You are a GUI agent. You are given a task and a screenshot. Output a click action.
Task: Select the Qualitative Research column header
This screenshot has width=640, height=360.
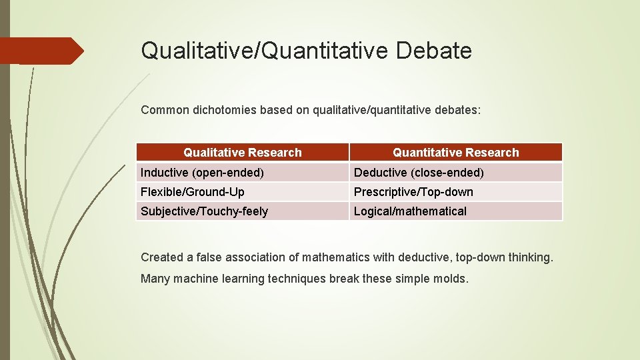tap(243, 153)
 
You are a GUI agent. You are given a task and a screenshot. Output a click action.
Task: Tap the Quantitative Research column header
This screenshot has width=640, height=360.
tap(455, 153)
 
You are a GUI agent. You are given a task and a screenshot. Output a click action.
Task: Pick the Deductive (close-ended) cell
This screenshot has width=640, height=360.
tap(419, 173)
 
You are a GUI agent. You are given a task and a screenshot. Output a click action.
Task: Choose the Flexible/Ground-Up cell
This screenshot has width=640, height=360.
tap(193, 192)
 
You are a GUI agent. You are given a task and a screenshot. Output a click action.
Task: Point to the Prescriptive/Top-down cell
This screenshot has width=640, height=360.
tap(413, 192)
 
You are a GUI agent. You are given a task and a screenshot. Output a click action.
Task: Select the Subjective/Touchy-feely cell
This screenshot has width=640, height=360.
tap(204, 211)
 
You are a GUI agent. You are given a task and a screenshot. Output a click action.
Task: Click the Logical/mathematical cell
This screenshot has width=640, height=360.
tap(410, 211)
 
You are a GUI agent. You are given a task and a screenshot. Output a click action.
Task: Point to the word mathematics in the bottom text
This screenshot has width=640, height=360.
tap(333, 257)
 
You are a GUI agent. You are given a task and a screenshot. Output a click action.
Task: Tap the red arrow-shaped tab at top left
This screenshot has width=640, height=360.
tap(40, 51)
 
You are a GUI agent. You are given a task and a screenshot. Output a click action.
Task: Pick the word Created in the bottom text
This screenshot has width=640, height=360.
tap(161, 257)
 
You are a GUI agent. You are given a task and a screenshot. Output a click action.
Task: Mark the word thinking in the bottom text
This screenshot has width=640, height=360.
tap(531, 257)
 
